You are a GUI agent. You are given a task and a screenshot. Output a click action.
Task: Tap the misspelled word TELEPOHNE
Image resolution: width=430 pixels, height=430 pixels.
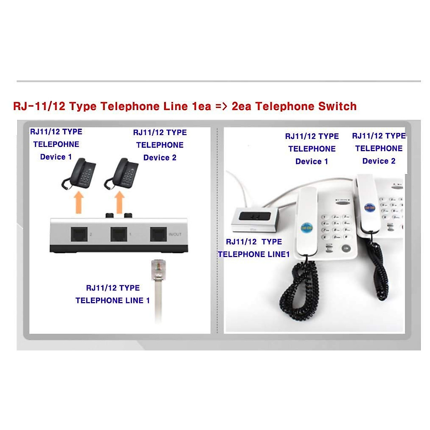[56, 144]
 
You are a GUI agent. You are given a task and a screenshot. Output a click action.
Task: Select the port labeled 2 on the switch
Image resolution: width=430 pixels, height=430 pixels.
[79, 234]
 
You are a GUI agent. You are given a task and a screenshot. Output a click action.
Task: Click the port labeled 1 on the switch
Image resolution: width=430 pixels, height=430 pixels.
[119, 234]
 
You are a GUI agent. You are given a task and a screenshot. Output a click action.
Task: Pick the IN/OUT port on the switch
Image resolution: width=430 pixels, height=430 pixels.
[158, 234]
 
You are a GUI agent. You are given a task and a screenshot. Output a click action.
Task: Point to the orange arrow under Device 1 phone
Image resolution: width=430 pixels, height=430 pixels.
[78, 203]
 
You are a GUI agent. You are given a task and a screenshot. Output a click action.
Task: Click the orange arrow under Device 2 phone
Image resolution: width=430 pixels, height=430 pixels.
[120, 203]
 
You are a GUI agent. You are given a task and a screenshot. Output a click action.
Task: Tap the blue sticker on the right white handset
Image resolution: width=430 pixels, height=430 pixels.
[369, 207]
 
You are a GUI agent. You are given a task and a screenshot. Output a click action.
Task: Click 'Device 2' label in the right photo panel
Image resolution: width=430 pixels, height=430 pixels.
[379, 161]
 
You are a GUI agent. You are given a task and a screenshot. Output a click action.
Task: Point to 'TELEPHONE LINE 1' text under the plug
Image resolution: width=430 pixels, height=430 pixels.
[113, 301]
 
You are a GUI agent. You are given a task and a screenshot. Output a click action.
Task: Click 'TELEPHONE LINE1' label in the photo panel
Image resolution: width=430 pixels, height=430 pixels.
[254, 254]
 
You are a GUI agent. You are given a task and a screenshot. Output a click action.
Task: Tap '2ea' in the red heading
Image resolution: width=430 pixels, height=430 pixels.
[242, 106]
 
